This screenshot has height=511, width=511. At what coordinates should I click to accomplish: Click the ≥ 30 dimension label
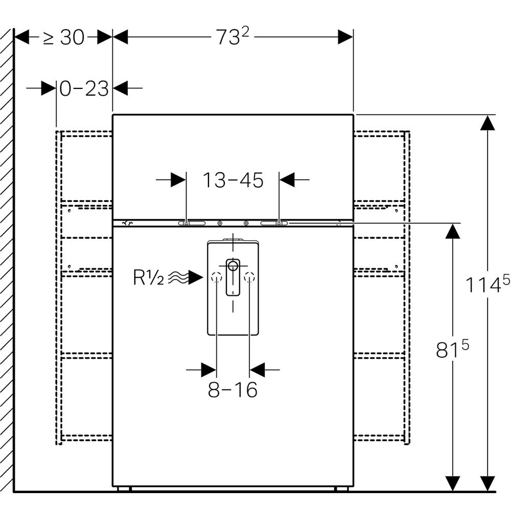click(x=63, y=37)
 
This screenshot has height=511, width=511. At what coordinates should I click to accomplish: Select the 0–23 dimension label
click(x=84, y=89)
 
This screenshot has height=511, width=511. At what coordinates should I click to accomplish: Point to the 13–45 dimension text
click(x=233, y=180)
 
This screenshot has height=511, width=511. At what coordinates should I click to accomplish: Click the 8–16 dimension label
click(x=233, y=390)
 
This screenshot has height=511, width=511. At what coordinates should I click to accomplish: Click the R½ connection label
click(x=148, y=278)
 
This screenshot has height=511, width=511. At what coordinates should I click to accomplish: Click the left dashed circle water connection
click(x=216, y=278)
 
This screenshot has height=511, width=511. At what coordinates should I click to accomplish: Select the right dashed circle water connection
click(x=249, y=278)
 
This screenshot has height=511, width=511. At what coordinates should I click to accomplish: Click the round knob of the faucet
click(x=233, y=265)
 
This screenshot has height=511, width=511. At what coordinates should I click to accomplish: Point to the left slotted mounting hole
click(x=191, y=223)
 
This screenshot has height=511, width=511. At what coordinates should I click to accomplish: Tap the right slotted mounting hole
click(x=274, y=223)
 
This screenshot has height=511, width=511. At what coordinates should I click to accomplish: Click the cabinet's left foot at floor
click(x=124, y=489)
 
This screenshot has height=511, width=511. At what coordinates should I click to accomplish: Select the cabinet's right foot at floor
click(x=341, y=489)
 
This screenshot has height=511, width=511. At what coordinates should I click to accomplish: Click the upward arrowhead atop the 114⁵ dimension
click(x=488, y=123)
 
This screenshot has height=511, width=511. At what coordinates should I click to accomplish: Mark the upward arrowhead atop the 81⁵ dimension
click(x=451, y=231)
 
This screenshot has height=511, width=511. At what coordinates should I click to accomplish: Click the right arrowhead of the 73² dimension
click(x=345, y=37)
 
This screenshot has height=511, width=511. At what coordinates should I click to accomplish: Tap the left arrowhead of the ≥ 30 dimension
click(x=21, y=37)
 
